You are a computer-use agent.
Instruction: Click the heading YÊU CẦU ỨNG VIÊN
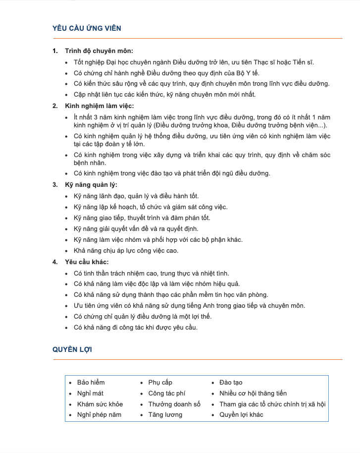click(87, 28)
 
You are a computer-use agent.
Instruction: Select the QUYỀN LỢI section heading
click(72, 349)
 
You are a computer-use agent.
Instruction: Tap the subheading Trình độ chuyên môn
click(99, 51)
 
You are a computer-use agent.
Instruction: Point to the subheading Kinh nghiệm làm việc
click(100, 106)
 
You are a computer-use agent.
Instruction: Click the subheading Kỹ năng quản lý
click(91, 185)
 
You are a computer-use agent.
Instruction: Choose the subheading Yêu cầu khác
click(87, 262)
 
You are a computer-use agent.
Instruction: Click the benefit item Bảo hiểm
click(91, 383)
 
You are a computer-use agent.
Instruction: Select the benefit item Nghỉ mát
click(90, 394)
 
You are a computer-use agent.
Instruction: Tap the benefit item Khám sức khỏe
click(100, 404)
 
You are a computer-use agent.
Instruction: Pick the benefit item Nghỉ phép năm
click(99, 415)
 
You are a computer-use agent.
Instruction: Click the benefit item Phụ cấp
click(160, 383)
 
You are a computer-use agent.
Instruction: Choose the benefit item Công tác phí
click(166, 394)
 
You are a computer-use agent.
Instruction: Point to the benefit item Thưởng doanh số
click(174, 404)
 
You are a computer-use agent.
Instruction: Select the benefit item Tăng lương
click(165, 415)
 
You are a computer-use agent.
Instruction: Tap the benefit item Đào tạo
click(231, 383)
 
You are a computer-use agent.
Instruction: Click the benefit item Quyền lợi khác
click(241, 415)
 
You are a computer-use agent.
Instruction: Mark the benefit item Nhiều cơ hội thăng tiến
click(253, 394)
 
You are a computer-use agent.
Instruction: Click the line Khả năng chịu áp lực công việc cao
click(126, 251)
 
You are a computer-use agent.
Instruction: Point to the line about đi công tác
click(135, 328)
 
